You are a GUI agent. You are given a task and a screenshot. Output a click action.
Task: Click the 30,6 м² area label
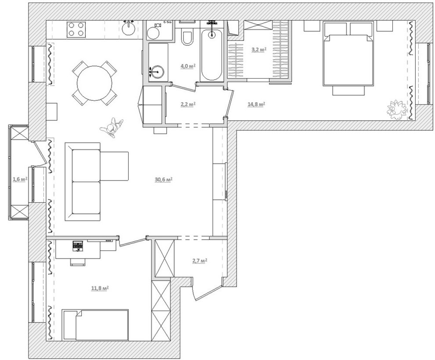coord(164,180)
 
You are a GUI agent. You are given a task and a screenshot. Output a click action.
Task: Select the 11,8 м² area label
coord(100,288)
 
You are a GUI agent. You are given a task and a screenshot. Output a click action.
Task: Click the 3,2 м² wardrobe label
coord(259,50)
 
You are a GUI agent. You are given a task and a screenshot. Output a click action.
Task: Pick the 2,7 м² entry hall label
coord(200,261)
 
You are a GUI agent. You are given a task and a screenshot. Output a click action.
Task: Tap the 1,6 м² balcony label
coord(20,179)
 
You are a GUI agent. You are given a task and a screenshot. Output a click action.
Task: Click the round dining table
coord(94,83)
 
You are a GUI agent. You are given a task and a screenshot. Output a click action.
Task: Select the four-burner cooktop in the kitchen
coord(76,29)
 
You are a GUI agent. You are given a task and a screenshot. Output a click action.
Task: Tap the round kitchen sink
coord(129,28)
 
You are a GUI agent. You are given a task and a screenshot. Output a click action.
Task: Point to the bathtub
coord(212,55)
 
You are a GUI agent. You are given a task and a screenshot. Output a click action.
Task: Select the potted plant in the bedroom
coord(397,110)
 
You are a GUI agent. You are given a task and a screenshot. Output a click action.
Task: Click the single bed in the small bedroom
coord(95,325)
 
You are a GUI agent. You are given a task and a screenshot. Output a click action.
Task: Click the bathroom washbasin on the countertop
coord(157,72)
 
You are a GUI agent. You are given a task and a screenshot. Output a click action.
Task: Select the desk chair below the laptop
coord(78,262)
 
